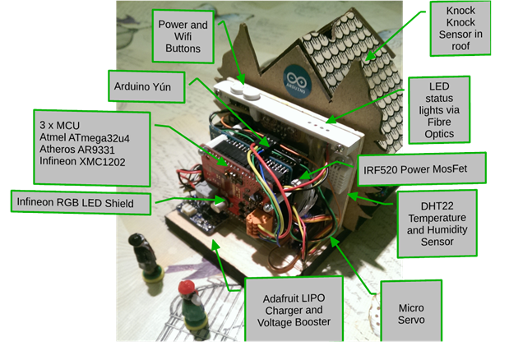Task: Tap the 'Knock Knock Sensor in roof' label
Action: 465,30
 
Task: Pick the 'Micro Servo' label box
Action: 410,312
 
